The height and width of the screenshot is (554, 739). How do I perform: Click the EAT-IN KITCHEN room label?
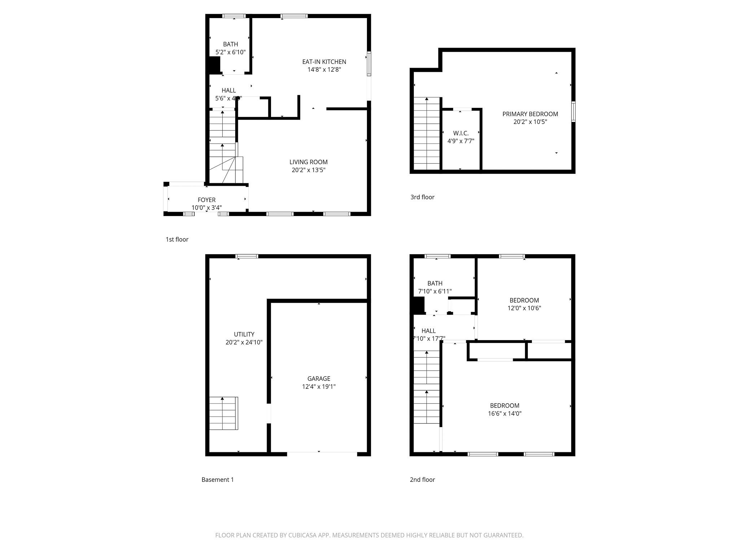pos(324,62)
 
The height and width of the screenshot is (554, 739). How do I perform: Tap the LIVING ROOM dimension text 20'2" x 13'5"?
pos(309,170)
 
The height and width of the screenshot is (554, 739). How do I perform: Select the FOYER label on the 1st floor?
pos(206,200)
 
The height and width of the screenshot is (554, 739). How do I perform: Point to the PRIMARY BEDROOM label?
pos(530,114)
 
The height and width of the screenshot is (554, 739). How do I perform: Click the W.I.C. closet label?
pos(461,133)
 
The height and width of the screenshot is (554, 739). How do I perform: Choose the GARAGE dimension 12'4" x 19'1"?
pos(319,387)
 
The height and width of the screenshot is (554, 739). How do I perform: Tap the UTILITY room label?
pos(244,334)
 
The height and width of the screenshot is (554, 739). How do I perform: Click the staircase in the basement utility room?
pos(223,413)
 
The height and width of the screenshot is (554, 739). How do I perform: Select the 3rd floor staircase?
pos(427,133)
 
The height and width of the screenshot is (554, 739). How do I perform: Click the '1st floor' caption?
pos(177,239)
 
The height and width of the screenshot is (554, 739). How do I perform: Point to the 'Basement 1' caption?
pos(218,480)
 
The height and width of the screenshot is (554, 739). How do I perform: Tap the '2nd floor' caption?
pos(422,480)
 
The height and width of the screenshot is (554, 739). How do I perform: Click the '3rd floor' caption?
pos(422,197)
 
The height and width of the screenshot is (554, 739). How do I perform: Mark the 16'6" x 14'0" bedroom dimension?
pos(504,414)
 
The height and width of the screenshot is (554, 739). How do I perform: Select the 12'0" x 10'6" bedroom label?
pos(524,300)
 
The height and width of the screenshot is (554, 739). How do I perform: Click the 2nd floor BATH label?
pos(435,283)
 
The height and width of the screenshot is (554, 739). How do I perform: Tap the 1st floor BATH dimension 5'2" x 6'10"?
pos(230,52)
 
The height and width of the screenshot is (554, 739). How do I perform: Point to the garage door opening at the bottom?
pos(322,452)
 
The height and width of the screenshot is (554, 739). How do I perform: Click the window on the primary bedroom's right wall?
pos(573,112)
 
